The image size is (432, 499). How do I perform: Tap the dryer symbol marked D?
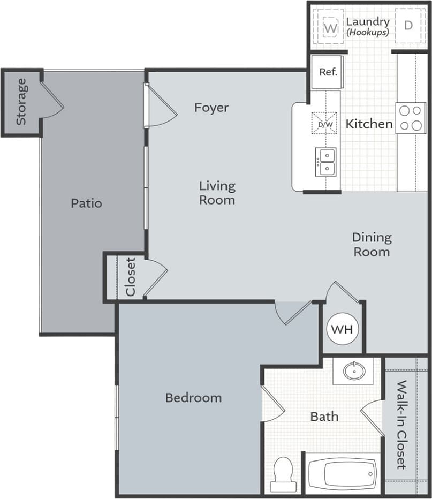tap(408, 25)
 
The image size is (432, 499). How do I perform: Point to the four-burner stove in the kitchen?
tap(410, 118)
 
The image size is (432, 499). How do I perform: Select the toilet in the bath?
tap(282, 473)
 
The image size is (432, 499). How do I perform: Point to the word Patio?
tap(86, 203)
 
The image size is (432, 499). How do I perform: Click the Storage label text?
tap(21, 102)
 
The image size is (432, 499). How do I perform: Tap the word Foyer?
tap(211, 108)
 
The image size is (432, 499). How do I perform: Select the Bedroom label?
tap(193, 398)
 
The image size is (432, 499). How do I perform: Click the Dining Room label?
tap(372, 244)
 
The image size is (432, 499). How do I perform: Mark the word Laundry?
tap(367, 22)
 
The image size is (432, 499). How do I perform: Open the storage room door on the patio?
tap(52, 99)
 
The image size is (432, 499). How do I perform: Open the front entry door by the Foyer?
tap(161, 107)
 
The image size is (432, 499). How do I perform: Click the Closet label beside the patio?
tap(131, 277)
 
